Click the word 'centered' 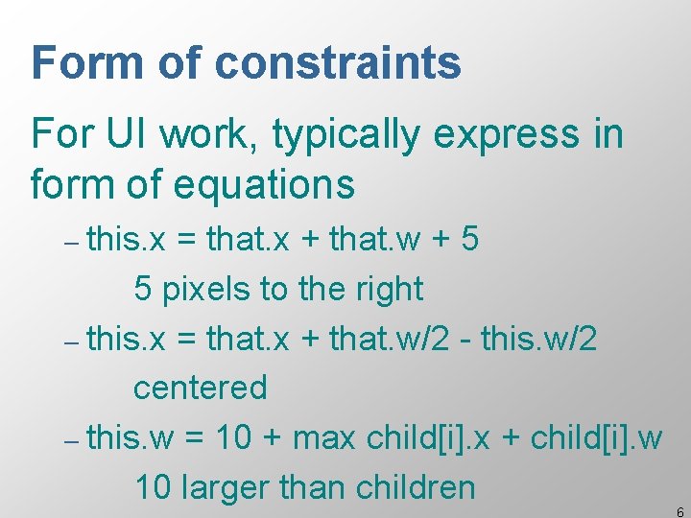tap(200, 388)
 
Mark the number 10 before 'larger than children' tap(152, 487)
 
